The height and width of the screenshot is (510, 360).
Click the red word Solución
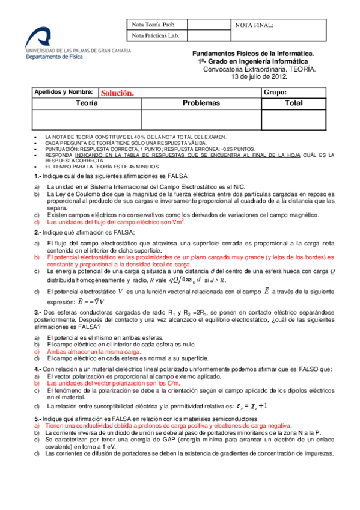[116, 93]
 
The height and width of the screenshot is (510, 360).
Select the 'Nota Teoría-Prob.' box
[154, 25]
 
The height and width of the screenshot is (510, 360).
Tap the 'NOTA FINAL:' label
[254, 25]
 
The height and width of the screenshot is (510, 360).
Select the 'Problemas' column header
[201, 103]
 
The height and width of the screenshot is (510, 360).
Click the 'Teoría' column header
[87, 103]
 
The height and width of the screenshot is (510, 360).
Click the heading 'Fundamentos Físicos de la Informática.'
[257, 54]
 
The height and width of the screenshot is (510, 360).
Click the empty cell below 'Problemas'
[201, 119]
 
